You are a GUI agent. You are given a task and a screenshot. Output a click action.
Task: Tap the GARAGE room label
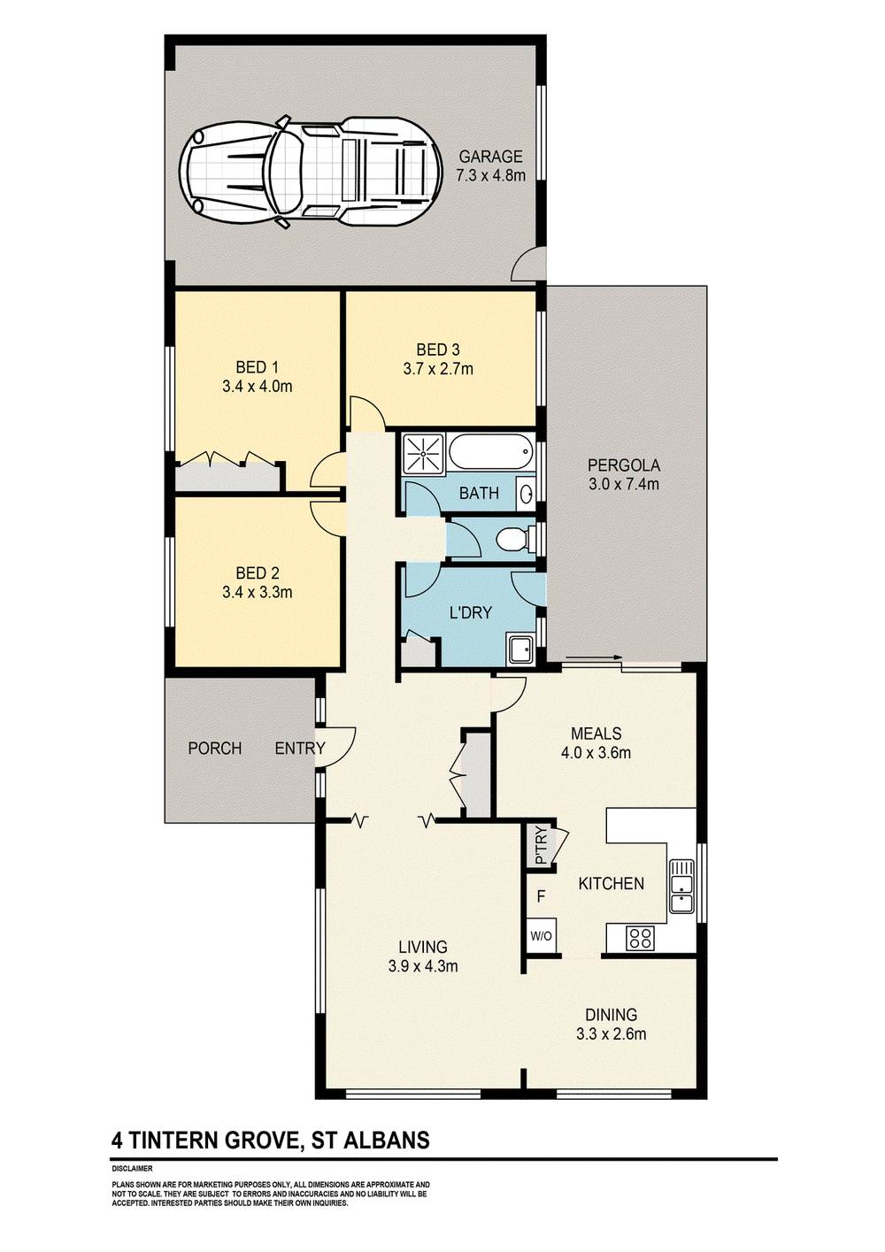pos(490,157)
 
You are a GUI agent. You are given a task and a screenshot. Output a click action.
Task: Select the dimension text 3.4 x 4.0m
pos(258,387)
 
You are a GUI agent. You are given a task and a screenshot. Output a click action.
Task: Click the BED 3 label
pos(438,349)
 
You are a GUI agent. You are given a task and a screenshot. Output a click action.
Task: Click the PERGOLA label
pos(624,465)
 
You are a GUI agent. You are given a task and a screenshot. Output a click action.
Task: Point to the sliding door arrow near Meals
pos(594,657)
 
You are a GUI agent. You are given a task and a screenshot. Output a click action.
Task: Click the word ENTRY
pos(300,748)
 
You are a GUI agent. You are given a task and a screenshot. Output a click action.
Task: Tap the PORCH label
pos(215,748)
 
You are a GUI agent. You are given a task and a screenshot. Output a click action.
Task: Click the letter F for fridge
pos(541,897)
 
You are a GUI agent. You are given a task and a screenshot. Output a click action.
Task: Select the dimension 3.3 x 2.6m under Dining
pos(611,1034)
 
